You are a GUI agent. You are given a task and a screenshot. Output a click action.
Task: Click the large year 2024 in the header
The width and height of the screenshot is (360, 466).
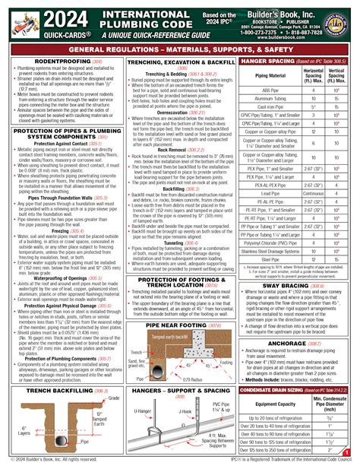tap(39, 17)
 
